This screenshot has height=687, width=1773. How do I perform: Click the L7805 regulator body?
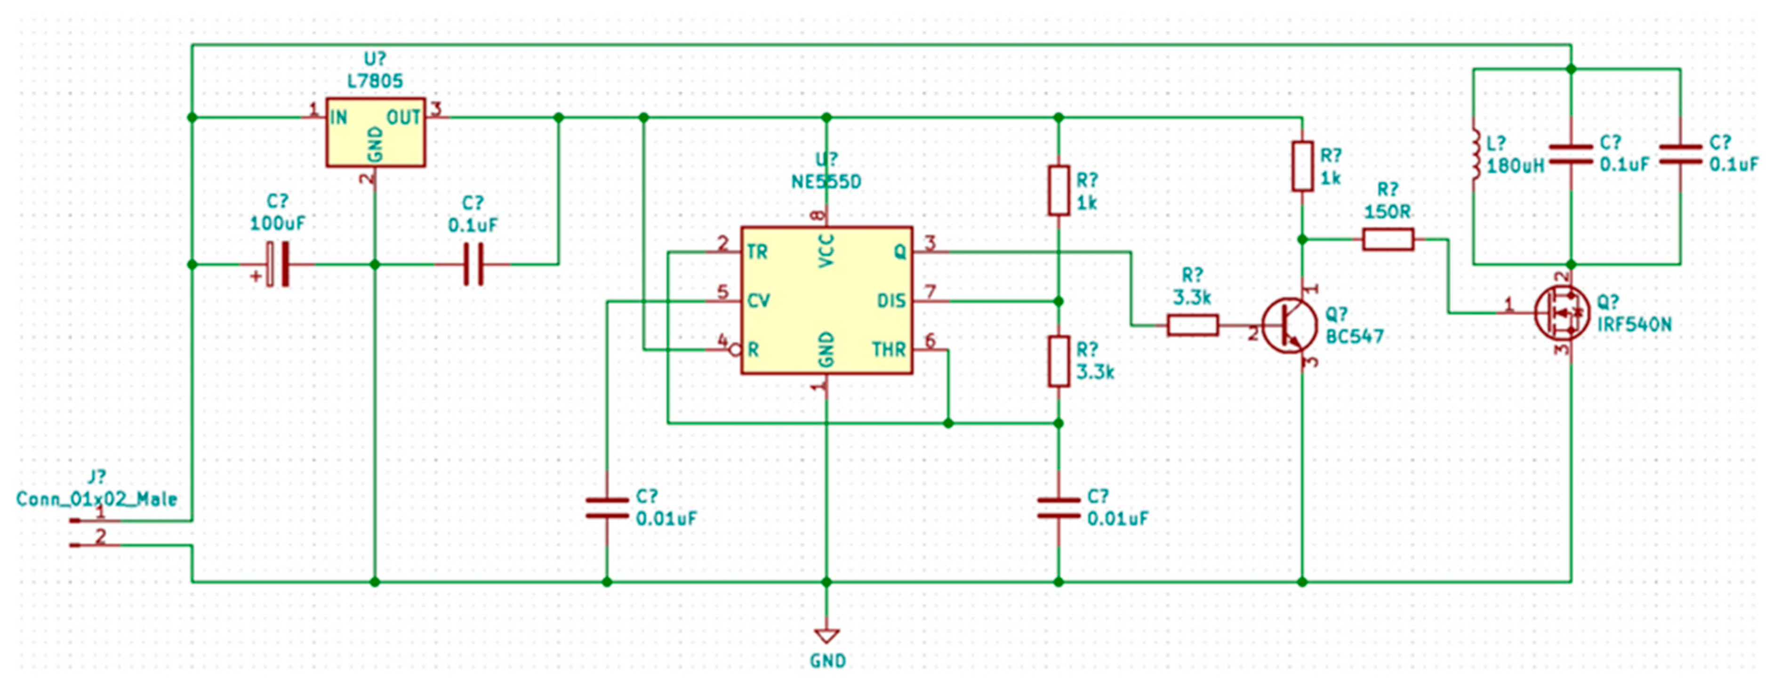[x=375, y=132]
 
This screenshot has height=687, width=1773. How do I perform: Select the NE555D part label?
[x=826, y=182]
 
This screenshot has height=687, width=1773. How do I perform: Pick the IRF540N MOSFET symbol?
[x=1563, y=313]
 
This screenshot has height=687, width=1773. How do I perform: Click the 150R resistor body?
[x=1388, y=240]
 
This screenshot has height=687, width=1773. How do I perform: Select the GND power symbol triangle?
[x=826, y=635]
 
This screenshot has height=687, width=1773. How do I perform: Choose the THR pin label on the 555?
[x=888, y=350]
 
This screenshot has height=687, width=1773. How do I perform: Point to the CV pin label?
[x=759, y=301]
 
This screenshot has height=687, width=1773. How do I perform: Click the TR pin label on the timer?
[x=757, y=252]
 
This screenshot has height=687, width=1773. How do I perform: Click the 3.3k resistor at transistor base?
[x=1193, y=325]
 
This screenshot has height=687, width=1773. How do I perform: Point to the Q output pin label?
[x=899, y=252]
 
